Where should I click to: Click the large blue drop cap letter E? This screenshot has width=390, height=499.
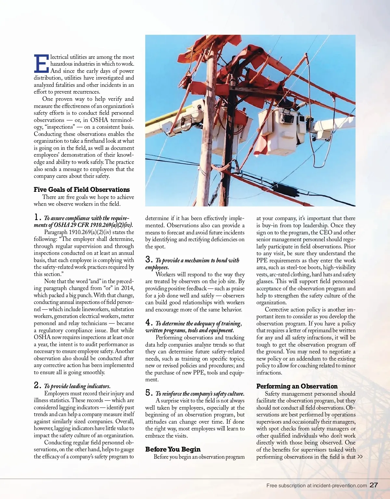tap(41, 63)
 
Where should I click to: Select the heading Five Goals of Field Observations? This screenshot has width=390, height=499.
tap(82, 190)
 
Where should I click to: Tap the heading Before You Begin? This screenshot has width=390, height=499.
tap(173, 449)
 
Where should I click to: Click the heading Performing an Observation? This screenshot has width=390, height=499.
tap(297, 386)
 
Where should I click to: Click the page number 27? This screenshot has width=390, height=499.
tap(374, 485)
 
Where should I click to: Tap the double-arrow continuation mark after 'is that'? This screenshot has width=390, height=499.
tap(360, 457)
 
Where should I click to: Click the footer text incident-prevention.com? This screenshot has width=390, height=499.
tap(340, 486)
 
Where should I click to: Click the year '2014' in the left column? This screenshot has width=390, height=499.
tap(127, 288)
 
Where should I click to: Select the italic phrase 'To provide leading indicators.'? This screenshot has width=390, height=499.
tap(77, 386)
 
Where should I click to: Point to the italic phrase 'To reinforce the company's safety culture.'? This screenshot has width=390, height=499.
tap(200, 393)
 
